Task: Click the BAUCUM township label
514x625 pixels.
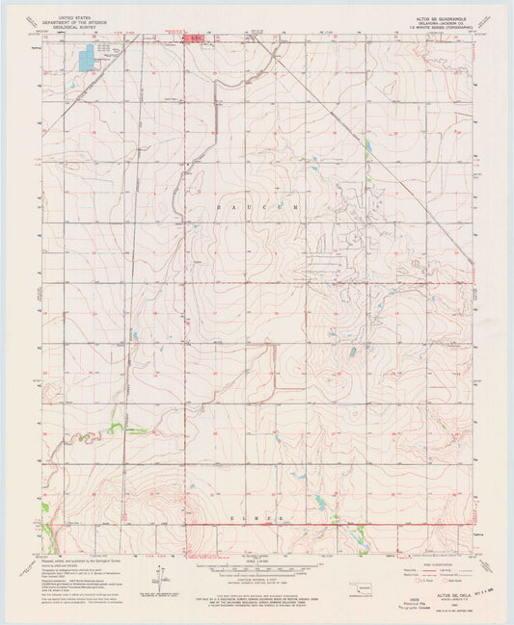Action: coord(257,207)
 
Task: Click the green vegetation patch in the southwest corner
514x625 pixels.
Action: coord(44,508)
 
